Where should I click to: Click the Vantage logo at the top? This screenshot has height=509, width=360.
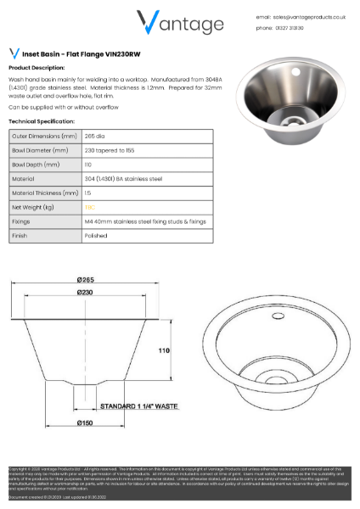(x=180, y=23)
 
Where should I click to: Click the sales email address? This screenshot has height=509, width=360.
(x=302, y=16)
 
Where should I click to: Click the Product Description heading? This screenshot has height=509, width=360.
(x=37, y=67)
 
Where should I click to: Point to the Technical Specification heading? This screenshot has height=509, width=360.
(x=42, y=121)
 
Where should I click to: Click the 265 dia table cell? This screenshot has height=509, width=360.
(x=93, y=135)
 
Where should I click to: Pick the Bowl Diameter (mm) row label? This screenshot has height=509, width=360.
(x=40, y=149)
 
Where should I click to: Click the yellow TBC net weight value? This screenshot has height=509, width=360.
(x=88, y=206)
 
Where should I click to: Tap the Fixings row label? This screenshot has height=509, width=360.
(x=21, y=221)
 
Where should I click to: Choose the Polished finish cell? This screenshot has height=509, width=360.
(x=94, y=235)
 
